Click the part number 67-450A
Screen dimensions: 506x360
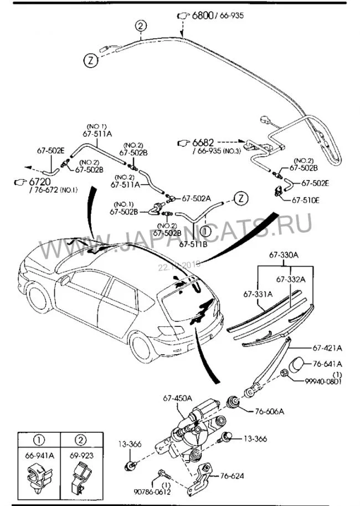click(177, 398)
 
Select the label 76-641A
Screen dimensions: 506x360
click(327, 364)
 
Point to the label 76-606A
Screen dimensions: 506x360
click(269, 411)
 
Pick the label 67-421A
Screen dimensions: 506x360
click(327, 348)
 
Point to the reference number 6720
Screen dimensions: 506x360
click(38, 182)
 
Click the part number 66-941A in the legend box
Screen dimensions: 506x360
click(39, 456)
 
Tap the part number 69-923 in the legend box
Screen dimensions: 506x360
click(81, 456)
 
